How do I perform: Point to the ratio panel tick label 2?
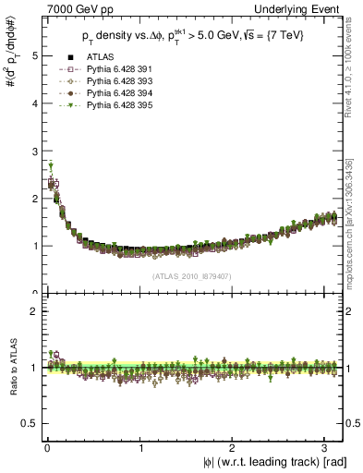pos(32,311)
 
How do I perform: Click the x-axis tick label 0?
pos(46,448)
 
